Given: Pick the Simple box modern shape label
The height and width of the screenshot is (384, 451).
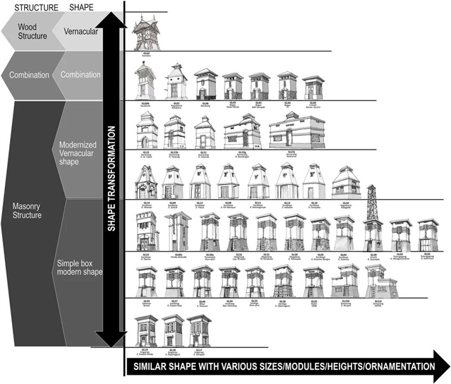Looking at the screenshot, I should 78,268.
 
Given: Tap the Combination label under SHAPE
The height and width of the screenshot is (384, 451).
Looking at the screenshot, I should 80,74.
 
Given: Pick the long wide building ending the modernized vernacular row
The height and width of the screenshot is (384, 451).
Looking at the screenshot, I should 291,131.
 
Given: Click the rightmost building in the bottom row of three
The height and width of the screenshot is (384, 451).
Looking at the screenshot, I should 197,330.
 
